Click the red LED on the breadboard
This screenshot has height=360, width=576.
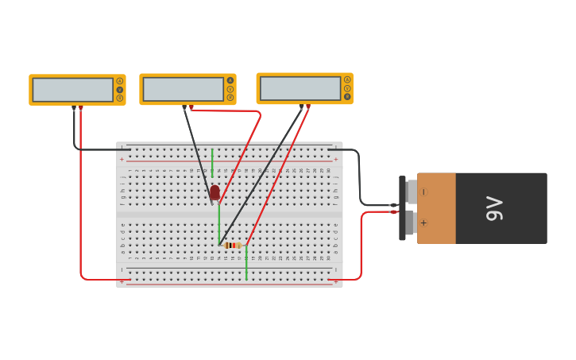coord(215,192)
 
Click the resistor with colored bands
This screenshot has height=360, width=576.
coord(232,246)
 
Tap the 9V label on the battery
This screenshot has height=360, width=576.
coord(493,208)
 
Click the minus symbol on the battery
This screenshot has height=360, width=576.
coord(423,192)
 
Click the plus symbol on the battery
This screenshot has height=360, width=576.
coord(423,223)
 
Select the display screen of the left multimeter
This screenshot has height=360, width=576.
coord(72,90)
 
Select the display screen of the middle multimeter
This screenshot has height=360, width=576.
coord(183,89)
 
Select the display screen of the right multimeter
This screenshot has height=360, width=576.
coord(300,88)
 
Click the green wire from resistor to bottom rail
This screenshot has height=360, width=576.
coord(246,264)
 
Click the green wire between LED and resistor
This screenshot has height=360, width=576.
coord(218,223)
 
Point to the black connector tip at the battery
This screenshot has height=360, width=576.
coord(393,205)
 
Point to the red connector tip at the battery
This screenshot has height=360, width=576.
coord(393,211)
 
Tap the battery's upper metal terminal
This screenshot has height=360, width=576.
coord(411,192)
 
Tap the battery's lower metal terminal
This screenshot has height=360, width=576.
coord(411,223)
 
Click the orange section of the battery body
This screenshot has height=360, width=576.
coord(436,208)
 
